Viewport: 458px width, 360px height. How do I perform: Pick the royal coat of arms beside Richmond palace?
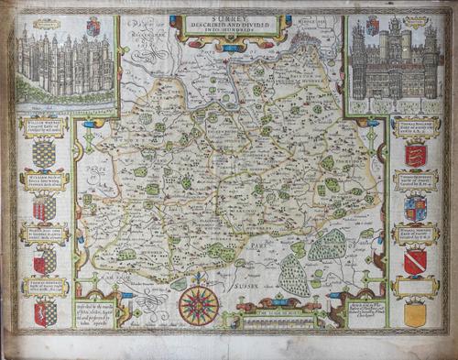tap(93, 27)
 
